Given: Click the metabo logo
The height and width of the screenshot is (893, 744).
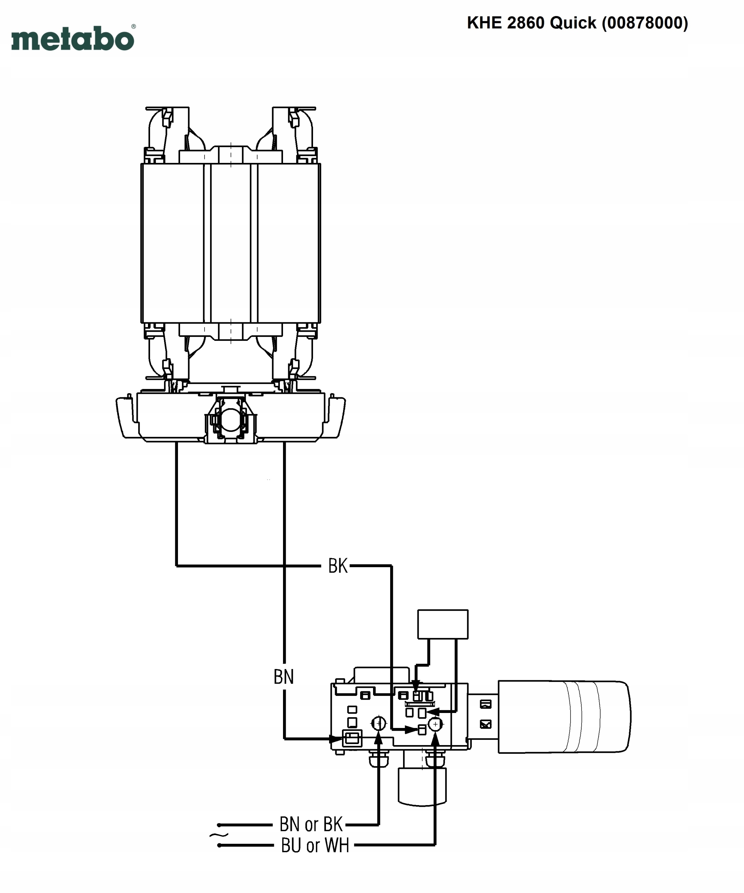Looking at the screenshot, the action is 72,39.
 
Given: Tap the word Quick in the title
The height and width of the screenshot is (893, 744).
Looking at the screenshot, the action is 573,23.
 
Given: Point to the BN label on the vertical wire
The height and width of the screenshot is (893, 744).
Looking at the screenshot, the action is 283,677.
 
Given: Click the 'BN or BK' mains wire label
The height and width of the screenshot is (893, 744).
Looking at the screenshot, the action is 311,824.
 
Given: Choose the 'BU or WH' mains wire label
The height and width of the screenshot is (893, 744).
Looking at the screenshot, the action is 315,845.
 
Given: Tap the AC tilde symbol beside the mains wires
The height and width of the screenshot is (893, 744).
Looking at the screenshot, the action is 218,835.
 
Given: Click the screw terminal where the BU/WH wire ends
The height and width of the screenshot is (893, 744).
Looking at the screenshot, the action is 435,724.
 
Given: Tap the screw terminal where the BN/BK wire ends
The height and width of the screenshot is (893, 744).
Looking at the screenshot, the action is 379,723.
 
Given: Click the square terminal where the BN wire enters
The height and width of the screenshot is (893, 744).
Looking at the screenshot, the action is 352,738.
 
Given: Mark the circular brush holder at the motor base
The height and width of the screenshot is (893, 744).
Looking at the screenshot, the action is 230,419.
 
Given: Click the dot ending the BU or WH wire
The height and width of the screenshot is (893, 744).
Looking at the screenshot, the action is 219,845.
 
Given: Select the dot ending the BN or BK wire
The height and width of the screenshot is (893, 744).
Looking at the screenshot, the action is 219,825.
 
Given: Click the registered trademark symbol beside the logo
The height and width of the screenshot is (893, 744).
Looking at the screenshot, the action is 134,27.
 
